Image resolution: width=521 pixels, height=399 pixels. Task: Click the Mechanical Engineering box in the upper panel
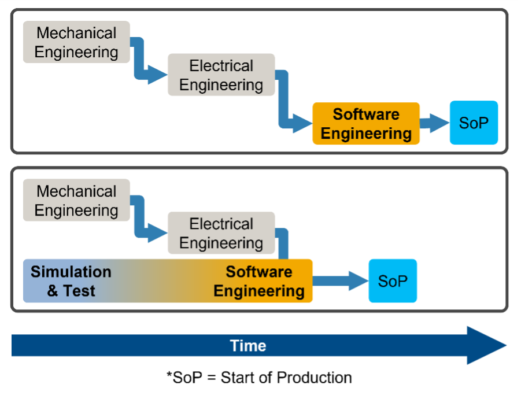coord(76,42)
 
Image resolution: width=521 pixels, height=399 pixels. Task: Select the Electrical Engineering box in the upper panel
coord(221,75)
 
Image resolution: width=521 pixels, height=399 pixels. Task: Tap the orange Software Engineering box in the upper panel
coord(366,124)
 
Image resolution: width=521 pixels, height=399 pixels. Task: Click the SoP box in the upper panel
coord(474,123)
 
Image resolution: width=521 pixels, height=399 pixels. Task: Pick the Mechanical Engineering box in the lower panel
coord(76,201)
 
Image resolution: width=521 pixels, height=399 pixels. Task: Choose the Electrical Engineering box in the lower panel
coord(221,234)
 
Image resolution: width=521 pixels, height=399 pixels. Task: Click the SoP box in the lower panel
coord(393,281)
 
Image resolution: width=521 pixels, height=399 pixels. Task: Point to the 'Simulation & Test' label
coord(71,281)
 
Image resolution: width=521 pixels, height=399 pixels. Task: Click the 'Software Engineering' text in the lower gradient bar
coord(259,281)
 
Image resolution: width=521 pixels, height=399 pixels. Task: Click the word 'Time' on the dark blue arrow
coord(248,346)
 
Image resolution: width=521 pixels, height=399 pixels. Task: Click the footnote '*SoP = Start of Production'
coord(259,378)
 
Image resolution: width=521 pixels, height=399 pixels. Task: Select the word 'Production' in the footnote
coord(315,378)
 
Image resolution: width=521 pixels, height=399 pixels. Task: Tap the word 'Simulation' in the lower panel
coord(71,272)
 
